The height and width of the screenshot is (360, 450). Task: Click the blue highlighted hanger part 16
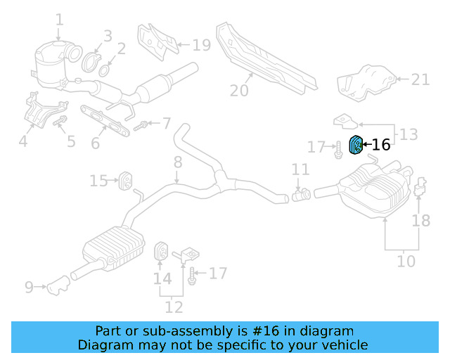tap(356, 146)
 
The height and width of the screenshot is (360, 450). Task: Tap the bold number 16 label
tap(380, 145)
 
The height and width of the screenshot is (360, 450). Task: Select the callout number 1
tap(59, 20)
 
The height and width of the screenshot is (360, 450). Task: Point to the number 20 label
tap(239, 90)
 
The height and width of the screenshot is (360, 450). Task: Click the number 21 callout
tap(420, 79)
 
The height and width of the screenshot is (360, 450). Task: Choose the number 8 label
tap(177, 162)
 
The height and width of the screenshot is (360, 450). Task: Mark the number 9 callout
tap(29, 286)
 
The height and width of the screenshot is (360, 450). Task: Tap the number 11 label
tap(300, 169)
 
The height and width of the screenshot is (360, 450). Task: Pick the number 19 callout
tap(201, 46)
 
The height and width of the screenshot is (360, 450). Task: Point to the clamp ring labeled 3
tap(92, 60)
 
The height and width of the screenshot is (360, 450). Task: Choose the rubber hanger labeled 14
tap(160, 251)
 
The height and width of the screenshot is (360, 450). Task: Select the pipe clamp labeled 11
tap(303, 193)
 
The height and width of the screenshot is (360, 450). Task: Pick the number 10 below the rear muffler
tap(406, 262)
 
